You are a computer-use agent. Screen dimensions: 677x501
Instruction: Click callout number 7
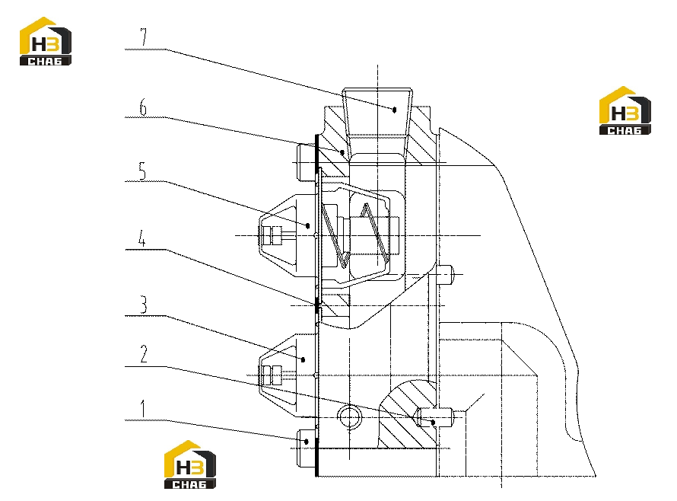point(143,37)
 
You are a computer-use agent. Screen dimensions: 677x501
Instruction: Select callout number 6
point(143,107)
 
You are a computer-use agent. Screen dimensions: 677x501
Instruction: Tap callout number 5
point(142,171)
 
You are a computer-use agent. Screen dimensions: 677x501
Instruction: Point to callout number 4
point(142,238)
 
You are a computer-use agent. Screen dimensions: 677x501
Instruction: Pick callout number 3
point(143,305)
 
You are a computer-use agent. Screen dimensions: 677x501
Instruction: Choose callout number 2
point(143,354)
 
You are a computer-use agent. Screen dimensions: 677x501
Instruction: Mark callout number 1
point(143,409)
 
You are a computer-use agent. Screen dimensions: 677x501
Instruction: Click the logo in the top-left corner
point(46,42)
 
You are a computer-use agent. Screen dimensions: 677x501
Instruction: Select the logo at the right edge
point(625,110)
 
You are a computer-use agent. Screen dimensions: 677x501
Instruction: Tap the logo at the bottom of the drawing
point(190,464)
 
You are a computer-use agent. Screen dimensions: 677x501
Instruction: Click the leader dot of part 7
point(394,110)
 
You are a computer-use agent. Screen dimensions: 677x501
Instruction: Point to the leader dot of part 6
point(342,152)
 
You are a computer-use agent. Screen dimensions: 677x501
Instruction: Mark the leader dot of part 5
point(308,225)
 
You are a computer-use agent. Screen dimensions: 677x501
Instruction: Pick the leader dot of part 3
point(303,359)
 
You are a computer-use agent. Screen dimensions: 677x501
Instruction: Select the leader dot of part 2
point(434,423)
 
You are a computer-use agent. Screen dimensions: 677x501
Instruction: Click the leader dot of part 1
point(307,442)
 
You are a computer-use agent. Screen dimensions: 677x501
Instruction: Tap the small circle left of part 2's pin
point(349,417)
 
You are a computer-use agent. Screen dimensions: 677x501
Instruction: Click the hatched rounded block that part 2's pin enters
point(407,414)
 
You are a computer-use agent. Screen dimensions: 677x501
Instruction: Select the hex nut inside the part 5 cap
point(272,236)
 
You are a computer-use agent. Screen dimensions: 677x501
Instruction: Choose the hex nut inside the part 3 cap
point(272,375)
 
